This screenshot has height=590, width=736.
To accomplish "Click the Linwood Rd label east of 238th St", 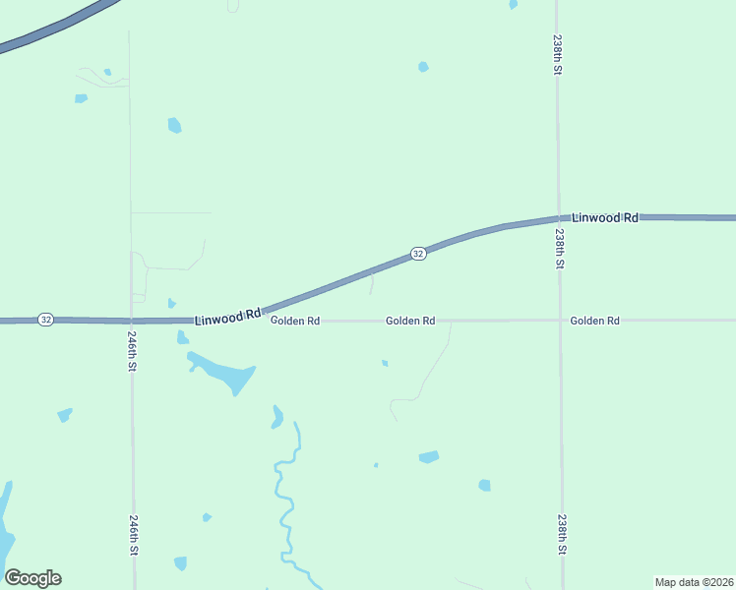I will click(605, 217).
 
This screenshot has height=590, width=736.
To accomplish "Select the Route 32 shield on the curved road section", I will click(418, 254).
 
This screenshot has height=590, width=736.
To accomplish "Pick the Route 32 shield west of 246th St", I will click(45, 320).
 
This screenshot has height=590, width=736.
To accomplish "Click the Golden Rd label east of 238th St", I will click(594, 321).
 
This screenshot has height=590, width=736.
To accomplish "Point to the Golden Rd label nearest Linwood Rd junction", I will click(295, 321).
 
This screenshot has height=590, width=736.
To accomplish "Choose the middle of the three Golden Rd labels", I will click(410, 321).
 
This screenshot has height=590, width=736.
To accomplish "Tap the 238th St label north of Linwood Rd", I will click(557, 58).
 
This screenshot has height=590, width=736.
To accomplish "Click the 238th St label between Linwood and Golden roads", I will click(559, 250).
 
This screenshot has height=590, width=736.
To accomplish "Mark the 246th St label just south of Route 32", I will click(132, 350).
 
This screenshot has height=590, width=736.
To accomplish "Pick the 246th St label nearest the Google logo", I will click(133, 534).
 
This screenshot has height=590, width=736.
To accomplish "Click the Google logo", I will click(33, 578).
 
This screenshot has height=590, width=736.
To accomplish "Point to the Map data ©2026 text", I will click(694, 581).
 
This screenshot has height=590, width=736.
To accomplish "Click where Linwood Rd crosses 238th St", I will click(558, 217).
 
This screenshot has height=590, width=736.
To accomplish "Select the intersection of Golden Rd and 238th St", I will click(560, 321).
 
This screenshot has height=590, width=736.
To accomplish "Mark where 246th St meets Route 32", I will click(132, 321).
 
